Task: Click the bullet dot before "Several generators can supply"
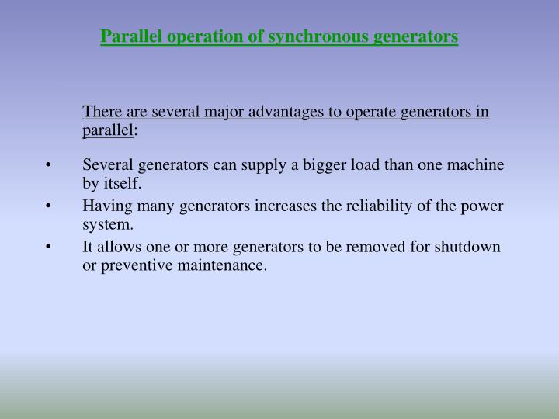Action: (49, 166)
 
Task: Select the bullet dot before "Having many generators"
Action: (49, 206)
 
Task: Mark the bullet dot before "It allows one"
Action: (49, 248)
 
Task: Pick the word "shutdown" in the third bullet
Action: (469, 248)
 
